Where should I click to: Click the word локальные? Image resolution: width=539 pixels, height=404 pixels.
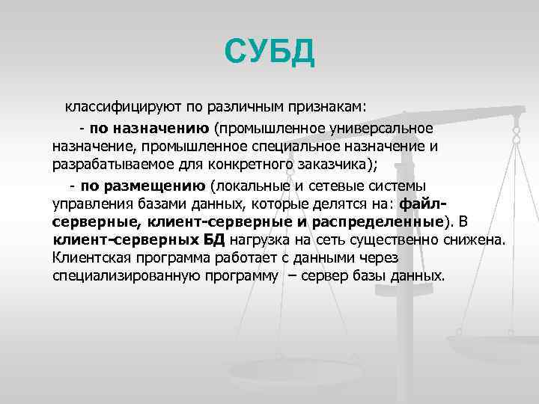pyautogui.click(x=249, y=185)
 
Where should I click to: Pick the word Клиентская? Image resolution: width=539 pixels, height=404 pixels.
pyautogui.click(x=89, y=258)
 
